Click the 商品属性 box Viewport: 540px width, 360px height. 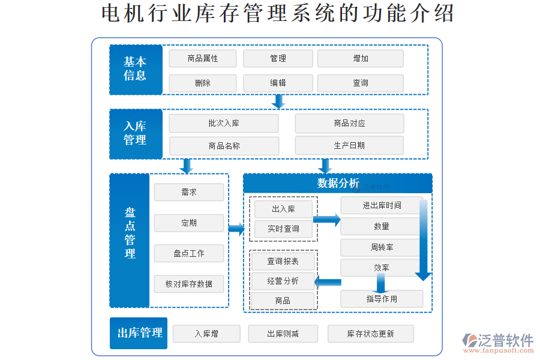[x=203, y=58]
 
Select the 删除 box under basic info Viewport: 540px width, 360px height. [x=203, y=83]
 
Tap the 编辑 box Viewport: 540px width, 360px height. [x=278, y=83]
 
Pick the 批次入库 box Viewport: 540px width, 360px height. [x=224, y=123]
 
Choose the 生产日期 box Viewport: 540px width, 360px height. [x=349, y=145]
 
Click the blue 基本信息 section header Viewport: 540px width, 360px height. [x=136, y=69]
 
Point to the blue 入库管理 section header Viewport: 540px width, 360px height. [x=136, y=133]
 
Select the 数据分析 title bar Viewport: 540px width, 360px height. [x=337, y=183]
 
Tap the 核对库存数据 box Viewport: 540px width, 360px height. [x=189, y=283]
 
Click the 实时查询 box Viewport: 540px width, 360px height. [x=283, y=229]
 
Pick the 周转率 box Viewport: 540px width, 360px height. [x=382, y=247]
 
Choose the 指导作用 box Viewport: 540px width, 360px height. [x=382, y=298]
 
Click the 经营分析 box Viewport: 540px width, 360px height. [x=283, y=281]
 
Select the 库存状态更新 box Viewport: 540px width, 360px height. [x=370, y=334]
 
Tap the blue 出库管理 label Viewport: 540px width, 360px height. [x=139, y=333]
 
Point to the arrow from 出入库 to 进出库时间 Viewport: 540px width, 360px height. [x=327, y=220]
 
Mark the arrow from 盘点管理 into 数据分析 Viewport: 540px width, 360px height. [x=236, y=228]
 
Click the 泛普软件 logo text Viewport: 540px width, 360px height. [x=505, y=340]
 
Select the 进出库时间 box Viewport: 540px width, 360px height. [x=382, y=205]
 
